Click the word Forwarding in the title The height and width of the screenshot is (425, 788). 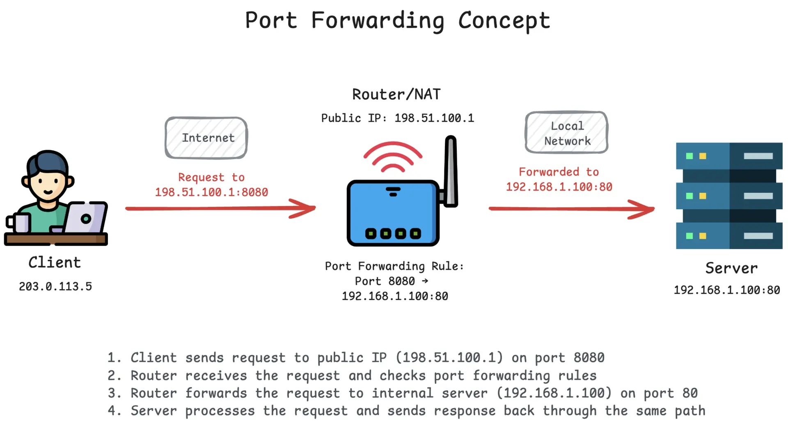coord(378,21)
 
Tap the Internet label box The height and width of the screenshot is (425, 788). coord(206,138)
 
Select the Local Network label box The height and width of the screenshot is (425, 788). coord(566,133)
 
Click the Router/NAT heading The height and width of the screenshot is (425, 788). coord(396,94)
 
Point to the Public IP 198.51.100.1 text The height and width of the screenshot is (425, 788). coord(397,118)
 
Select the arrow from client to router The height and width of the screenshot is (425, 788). coord(221,208)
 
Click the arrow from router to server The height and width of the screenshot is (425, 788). coord(571,209)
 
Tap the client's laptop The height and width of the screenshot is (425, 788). coord(85,217)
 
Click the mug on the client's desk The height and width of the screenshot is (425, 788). coord(18,223)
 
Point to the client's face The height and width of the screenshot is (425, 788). coord(48,185)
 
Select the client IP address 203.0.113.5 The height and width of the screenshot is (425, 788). coord(55,286)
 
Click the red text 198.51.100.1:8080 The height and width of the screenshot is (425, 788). coord(211,192)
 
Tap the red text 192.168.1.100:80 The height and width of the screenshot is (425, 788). coord(559,187)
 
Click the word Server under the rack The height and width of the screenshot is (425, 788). coord(731,268)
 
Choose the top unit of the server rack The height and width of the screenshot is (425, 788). coord(729,156)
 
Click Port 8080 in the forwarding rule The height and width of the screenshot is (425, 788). coord(385,281)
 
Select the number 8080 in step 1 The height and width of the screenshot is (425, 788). coord(589,358)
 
